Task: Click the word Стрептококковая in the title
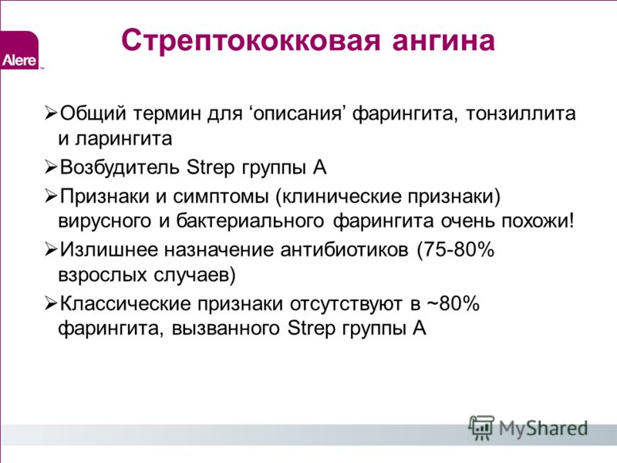[251, 41]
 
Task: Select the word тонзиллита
[521, 113]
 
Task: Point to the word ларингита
[123, 139]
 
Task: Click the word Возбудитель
[120, 167]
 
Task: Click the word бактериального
[249, 221]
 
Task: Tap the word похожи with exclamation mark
[538, 221]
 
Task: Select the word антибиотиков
[344, 250]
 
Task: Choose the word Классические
[126, 304]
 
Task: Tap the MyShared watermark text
[543, 428]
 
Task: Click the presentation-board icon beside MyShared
[481, 428]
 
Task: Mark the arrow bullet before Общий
[51, 113]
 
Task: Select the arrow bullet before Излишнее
[51, 250]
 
